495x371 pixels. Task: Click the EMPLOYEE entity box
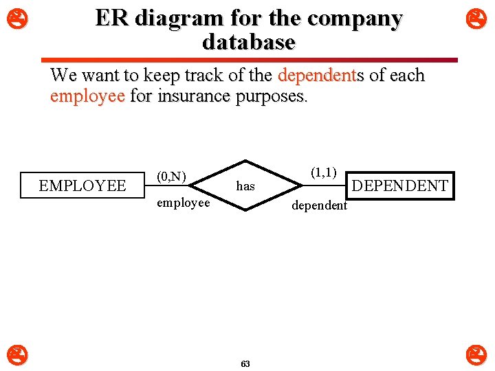(82, 185)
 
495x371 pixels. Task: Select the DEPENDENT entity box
(399, 185)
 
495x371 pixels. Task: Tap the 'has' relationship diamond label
(245, 186)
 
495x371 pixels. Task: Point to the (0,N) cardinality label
(171, 177)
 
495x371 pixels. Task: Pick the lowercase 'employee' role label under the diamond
(183, 203)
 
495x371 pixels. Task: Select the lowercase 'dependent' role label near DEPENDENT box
(320, 206)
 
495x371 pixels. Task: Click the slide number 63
(246, 363)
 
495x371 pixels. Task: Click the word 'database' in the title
(248, 43)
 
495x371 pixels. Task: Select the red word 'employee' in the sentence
(87, 96)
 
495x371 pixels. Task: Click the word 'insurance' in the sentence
(194, 96)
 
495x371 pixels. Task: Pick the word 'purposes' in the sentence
(269, 96)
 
